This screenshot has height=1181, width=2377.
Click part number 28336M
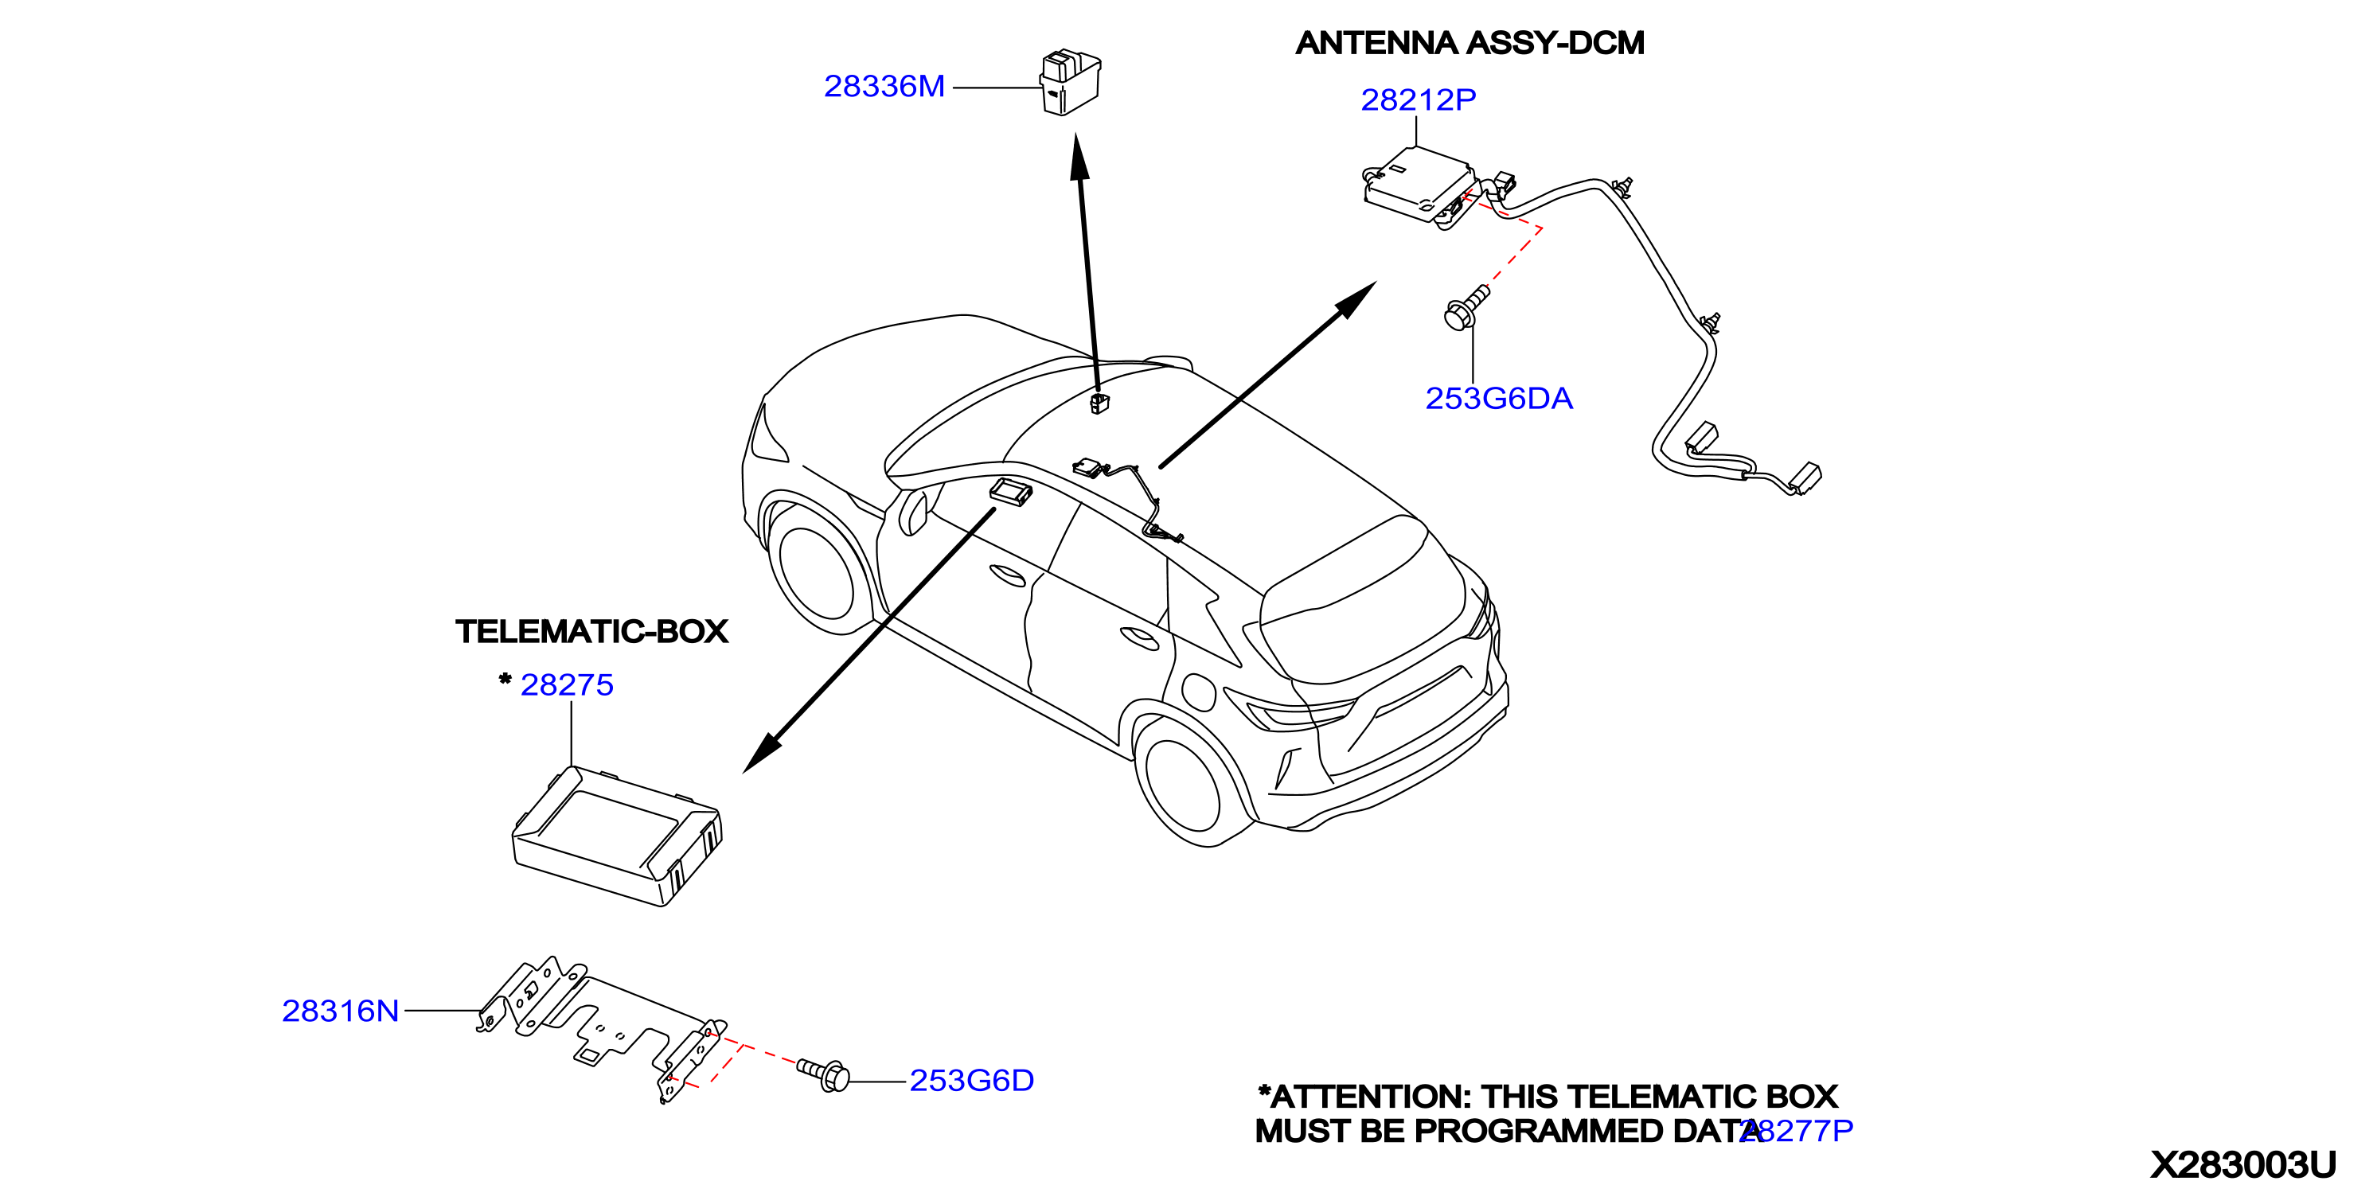884,87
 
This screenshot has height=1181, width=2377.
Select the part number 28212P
1419,99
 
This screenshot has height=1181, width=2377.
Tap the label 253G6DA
1498,399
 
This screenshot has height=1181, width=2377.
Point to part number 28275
567,685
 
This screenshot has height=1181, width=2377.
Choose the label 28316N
341,1011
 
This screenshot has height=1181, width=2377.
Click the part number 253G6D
972,1081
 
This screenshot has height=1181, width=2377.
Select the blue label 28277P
1797,1130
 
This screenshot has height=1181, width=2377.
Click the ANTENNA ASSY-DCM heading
1470,43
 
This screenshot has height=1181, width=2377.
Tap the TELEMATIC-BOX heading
591,632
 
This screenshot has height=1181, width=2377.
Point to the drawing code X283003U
2244,1164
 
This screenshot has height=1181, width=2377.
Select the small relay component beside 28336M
1071,82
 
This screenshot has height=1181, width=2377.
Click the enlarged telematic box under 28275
616,836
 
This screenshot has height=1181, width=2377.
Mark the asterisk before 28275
505,679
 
